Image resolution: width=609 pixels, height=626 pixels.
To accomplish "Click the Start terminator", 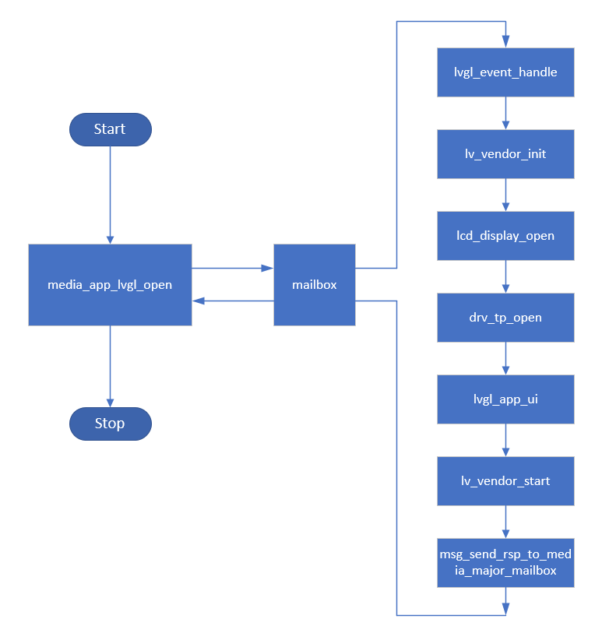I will tap(110, 129).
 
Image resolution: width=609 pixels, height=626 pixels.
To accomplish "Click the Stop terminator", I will tap(110, 424).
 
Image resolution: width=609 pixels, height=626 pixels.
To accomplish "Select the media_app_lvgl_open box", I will tap(110, 285).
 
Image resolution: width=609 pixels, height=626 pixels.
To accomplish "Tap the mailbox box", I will tap(315, 285).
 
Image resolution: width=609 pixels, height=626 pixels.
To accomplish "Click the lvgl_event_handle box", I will tap(505, 72).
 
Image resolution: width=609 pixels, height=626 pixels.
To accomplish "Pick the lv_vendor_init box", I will tap(505, 154).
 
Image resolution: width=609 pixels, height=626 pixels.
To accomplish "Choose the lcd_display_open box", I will tap(505, 236).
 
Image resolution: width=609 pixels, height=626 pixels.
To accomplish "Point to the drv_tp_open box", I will tap(505, 318).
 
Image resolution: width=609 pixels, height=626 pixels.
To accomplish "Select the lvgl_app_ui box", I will tap(505, 399).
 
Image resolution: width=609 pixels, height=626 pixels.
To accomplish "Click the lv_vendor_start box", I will tap(505, 481).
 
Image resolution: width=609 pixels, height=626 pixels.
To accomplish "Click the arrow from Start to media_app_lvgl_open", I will tap(110, 195).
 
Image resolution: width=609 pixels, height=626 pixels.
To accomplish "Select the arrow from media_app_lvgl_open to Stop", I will tap(110, 366).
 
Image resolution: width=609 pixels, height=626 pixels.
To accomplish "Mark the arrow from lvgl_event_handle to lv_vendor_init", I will tap(506, 113).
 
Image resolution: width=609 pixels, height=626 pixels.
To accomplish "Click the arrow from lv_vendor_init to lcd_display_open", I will tap(506, 195).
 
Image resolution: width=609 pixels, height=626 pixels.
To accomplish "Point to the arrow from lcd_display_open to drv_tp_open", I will tap(506, 276).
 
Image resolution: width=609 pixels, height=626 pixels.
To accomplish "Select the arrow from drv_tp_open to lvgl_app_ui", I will tap(506, 358).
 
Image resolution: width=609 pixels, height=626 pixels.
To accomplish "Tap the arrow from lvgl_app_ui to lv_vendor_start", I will tap(506, 440).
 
